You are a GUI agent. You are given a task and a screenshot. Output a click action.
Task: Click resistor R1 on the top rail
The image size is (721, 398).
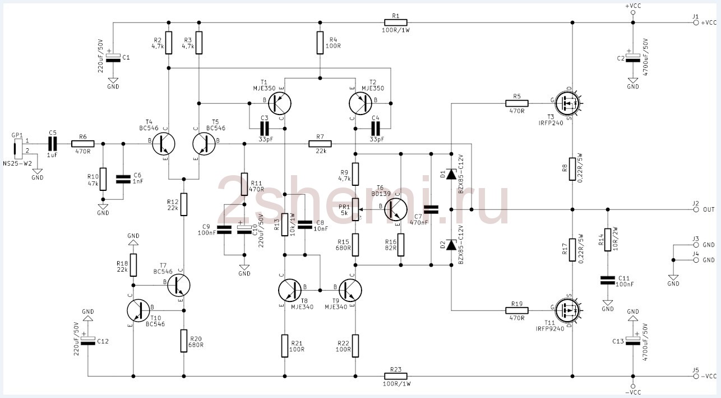[x=395, y=23]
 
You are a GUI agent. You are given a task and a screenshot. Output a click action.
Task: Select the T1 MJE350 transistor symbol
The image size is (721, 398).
[x=279, y=103]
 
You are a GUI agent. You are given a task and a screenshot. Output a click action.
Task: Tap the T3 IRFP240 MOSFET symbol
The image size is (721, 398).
[x=568, y=103]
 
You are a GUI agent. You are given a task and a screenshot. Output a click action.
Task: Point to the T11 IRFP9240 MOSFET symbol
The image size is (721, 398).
[x=568, y=309]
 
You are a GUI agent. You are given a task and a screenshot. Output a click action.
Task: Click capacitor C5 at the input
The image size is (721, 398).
[x=53, y=144]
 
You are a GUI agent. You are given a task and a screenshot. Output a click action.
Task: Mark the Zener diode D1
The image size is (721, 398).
[x=451, y=174]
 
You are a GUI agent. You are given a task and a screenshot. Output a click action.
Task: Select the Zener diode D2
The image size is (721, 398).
[x=451, y=244]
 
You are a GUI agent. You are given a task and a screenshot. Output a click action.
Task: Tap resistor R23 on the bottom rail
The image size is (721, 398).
[x=395, y=376]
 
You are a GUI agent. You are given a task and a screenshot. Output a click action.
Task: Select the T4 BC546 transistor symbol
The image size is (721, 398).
[x=163, y=144]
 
